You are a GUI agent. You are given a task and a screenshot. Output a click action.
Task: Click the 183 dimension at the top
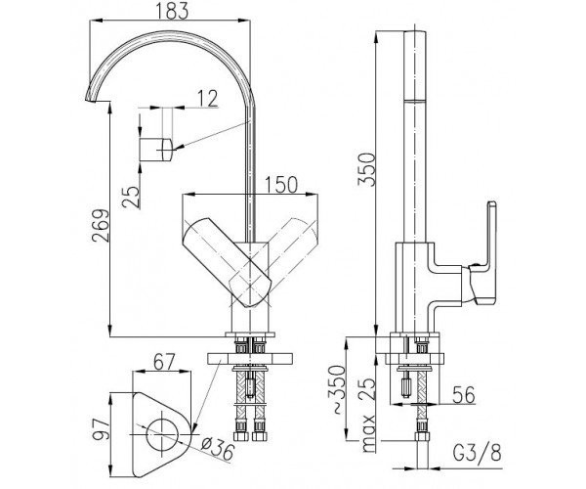(172, 11)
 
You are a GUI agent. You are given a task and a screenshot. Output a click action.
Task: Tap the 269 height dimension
(101, 226)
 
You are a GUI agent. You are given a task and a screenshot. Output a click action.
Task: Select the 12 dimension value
(207, 99)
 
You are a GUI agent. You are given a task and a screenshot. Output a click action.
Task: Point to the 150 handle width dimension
(281, 185)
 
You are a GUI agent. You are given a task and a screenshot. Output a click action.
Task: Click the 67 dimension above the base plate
(163, 362)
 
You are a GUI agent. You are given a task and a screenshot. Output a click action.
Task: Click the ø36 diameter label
(218, 449)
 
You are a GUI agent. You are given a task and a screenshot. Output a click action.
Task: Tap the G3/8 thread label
(477, 453)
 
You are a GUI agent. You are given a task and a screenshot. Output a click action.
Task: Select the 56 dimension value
(463, 394)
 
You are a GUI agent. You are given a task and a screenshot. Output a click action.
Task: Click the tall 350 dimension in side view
(366, 169)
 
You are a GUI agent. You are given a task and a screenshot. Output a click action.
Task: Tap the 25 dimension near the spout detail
(131, 197)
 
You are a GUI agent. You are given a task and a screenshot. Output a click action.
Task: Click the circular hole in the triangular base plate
(162, 434)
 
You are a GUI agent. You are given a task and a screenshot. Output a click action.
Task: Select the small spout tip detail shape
(156, 150)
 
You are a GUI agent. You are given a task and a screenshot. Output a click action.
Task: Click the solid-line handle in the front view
(227, 262)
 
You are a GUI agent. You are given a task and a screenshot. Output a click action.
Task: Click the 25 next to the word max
(368, 389)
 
